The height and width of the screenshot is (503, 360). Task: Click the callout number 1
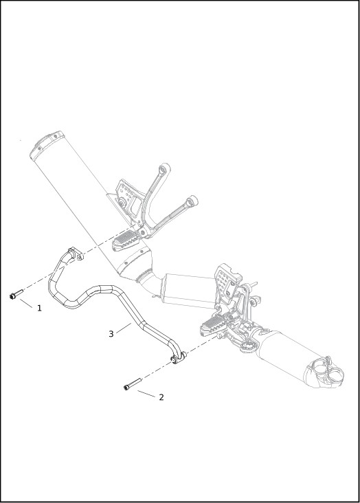click(x=39, y=309)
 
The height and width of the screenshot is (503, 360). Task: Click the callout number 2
click(x=161, y=397)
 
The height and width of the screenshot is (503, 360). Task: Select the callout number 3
click(x=111, y=334)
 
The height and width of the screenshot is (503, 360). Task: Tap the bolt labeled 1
click(x=16, y=294)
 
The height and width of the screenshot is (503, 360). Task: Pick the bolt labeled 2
click(x=133, y=384)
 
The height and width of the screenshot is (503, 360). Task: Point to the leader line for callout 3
click(x=124, y=328)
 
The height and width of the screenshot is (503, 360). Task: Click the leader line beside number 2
click(x=146, y=394)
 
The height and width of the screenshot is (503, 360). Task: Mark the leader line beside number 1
click(x=26, y=304)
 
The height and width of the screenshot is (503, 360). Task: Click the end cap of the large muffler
click(x=47, y=145)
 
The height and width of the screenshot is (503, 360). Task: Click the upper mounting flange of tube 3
click(x=76, y=253)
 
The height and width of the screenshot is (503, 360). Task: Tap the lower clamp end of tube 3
click(x=179, y=357)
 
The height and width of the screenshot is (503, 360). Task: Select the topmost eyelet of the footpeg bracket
click(x=166, y=168)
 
